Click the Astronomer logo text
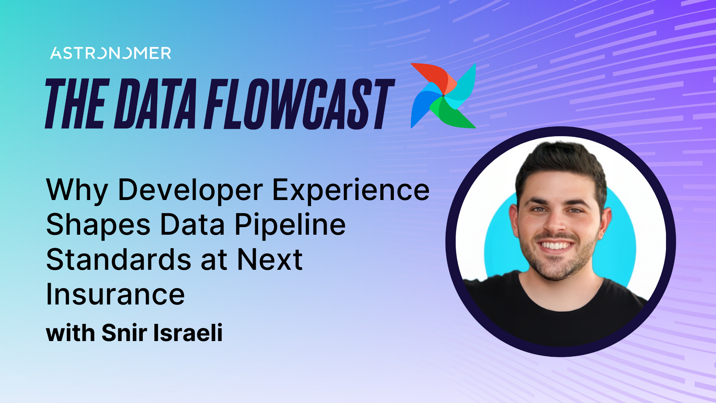point(111,53)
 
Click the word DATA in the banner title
point(156,104)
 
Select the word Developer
point(191,190)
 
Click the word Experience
point(351,190)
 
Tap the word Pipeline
point(290,225)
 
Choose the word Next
point(270,260)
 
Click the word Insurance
point(115,294)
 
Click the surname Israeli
point(188,332)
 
